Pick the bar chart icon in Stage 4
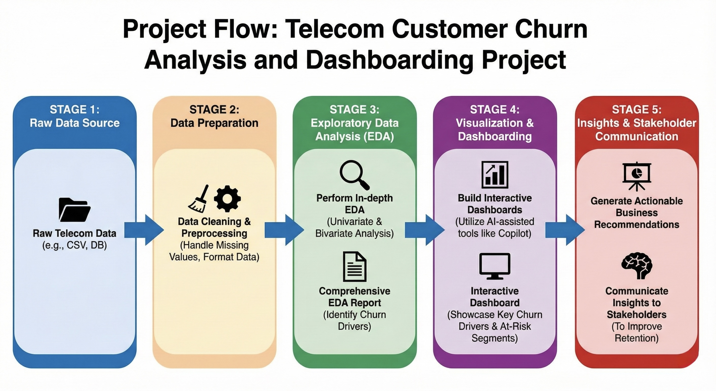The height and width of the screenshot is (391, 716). point(495,175)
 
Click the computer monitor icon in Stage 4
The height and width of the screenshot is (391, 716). point(495,266)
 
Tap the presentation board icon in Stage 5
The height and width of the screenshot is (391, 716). point(636,176)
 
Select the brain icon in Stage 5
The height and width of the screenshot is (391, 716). point(636,266)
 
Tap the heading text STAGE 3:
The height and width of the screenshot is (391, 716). point(354,110)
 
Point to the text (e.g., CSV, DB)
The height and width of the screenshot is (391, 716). point(74,245)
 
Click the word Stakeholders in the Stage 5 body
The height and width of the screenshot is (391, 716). point(636,314)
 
